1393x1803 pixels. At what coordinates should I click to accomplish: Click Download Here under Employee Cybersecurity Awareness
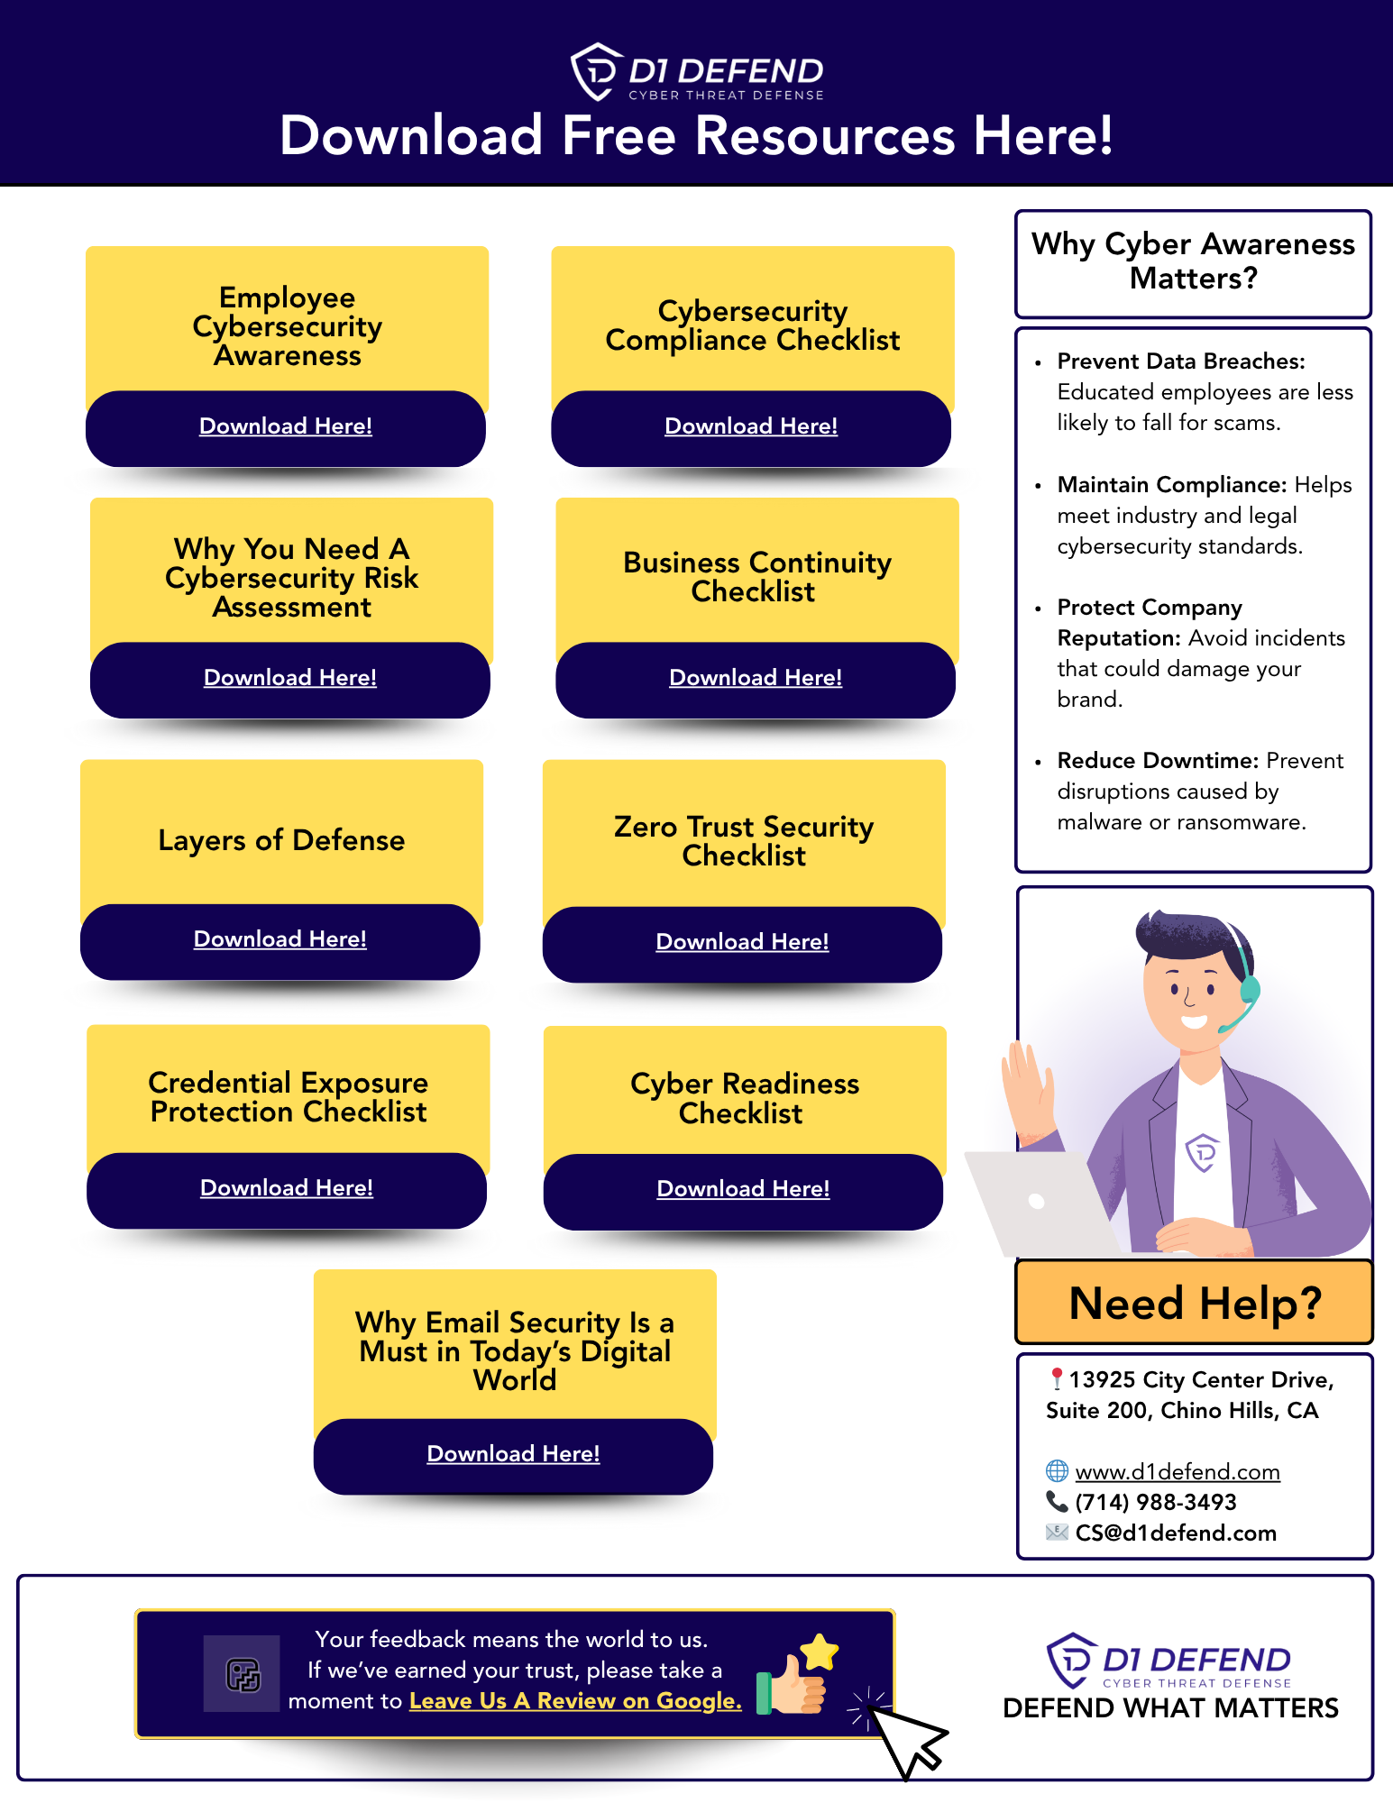pyautogui.click(x=286, y=426)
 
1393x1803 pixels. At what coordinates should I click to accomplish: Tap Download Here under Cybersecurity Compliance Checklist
pyautogui.click(x=751, y=426)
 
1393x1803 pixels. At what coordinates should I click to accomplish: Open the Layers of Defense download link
pyautogui.click(x=280, y=939)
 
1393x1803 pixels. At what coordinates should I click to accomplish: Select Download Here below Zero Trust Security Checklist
pyautogui.click(x=742, y=942)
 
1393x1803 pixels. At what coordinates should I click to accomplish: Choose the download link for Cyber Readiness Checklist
pyautogui.click(x=743, y=1189)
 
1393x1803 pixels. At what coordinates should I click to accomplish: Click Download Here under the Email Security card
pyautogui.click(x=513, y=1454)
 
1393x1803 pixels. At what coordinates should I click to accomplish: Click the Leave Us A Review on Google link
pyautogui.click(x=575, y=1701)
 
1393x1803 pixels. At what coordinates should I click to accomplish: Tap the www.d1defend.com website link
pyautogui.click(x=1178, y=1472)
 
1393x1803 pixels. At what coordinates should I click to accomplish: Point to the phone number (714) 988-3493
pyautogui.click(x=1156, y=1503)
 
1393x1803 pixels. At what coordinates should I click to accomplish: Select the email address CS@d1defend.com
pyautogui.click(x=1176, y=1533)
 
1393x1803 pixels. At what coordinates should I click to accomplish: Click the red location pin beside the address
pyautogui.click(x=1057, y=1379)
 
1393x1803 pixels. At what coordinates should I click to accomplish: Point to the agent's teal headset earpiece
pyautogui.click(x=1250, y=989)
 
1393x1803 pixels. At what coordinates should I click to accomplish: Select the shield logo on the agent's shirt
pyautogui.click(x=1202, y=1152)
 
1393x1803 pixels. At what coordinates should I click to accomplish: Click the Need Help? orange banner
pyautogui.click(x=1195, y=1304)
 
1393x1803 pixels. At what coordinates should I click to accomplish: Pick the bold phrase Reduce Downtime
pyautogui.click(x=1158, y=761)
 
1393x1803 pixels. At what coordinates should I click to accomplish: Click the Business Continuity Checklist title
pyautogui.click(x=756, y=577)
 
